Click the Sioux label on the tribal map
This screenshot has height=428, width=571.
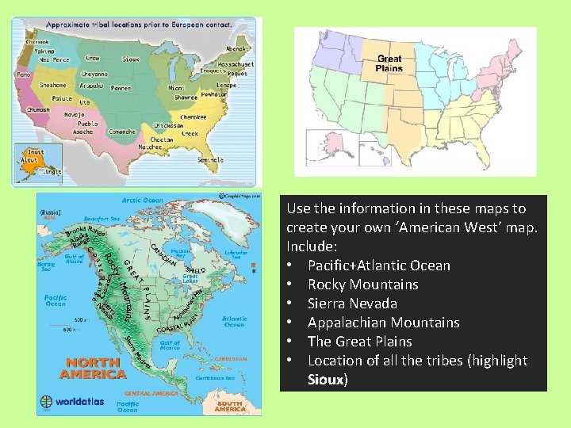point(131,59)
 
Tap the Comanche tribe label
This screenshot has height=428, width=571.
point(121,132)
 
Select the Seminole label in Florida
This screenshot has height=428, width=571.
point(211,160)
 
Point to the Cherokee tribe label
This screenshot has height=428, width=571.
point(194,117)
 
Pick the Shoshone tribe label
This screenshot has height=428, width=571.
point(53,85)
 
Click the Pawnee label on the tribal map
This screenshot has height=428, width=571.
point(121,88)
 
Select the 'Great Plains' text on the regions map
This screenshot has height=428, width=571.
point(389,63)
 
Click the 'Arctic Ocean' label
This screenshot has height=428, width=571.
point(144,201)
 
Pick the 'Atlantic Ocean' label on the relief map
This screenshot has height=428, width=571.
point(235,321)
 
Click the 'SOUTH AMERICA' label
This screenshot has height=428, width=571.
point(230,405)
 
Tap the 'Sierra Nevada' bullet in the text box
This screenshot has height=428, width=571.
point(352,304)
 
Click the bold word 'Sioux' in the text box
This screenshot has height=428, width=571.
point(326,380)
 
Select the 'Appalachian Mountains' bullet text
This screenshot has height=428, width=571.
point(383,323)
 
